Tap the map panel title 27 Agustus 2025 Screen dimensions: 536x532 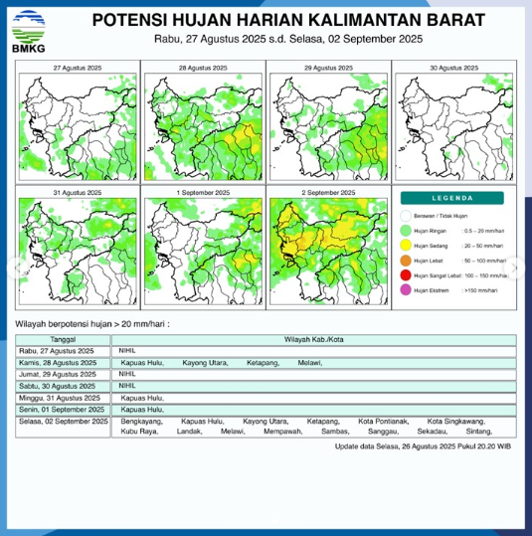coord(77,67)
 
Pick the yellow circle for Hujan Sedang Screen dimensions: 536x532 coord(406,244)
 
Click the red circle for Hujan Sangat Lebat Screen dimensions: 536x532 coord(406,275)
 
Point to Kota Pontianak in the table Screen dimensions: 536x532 coord(383,422)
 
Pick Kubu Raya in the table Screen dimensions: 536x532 coord(138,433)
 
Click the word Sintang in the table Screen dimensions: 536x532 coord(479,433)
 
